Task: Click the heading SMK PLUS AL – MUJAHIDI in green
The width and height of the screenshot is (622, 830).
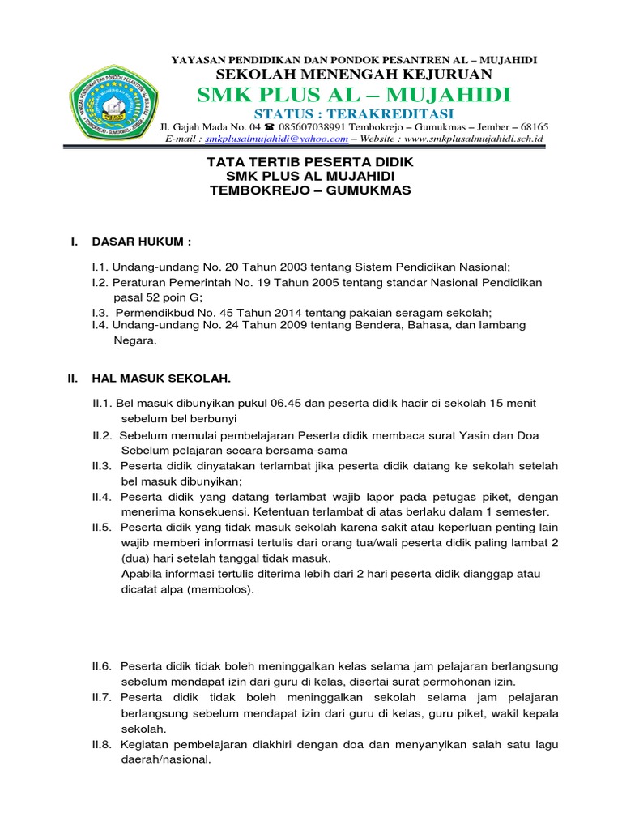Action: [x=355, y=96]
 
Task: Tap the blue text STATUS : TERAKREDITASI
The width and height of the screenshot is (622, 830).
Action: [x=353, y=113]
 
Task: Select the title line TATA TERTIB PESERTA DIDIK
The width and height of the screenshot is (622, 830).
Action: [x=311, y=162]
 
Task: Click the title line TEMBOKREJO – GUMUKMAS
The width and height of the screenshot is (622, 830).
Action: [x=311, y=190]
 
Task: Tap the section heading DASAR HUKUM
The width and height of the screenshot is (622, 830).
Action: [x=143, y=242]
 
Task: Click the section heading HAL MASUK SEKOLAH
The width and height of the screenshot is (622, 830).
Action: [x=162, y=379]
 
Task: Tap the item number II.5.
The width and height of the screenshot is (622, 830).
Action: [x=102, y=528]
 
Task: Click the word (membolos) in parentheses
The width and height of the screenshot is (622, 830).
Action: [x=219, y=589]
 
